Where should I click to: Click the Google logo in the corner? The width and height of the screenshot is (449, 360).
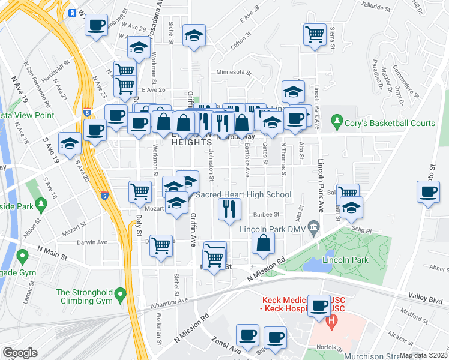20,353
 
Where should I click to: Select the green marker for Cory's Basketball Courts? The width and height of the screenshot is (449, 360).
336,123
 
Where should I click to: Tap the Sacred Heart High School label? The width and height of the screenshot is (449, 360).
244,195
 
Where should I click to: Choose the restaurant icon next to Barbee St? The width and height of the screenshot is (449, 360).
228,209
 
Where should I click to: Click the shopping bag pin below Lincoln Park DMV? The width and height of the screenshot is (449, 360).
263,243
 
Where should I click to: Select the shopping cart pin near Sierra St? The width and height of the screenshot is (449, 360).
315,35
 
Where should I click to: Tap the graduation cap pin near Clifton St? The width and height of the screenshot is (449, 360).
194,36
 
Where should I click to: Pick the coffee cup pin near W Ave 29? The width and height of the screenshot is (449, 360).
96,26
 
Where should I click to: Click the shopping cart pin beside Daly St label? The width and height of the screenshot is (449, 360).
140,192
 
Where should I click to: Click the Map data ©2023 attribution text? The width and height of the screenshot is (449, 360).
423,355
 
